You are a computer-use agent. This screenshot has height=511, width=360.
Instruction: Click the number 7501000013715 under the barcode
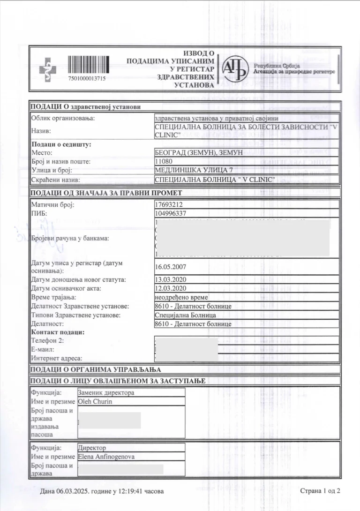pyautogui.click(x=87, y=78)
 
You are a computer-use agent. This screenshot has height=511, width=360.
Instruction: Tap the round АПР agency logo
pyautogui.click(x=234, y=70)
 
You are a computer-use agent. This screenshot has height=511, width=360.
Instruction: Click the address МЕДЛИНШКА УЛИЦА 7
pyautogui.click(x=187, y=171)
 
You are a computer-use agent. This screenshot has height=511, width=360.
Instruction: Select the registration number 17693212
pyautogui.click(x=168, y=205)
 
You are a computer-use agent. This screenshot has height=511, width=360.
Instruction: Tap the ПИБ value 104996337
pyautogui.click(x=170, y=214)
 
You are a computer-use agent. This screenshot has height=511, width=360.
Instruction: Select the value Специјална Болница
pyautogui.click(x=185, y=315)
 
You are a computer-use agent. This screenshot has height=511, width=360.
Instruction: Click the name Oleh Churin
pyautogui.click(x=95, y=401)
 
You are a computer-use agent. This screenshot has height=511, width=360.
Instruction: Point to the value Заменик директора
pyautogui.click(x=106, y=392)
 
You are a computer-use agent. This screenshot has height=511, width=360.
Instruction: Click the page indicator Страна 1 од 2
pyautogui.click(x=320, y=491)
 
